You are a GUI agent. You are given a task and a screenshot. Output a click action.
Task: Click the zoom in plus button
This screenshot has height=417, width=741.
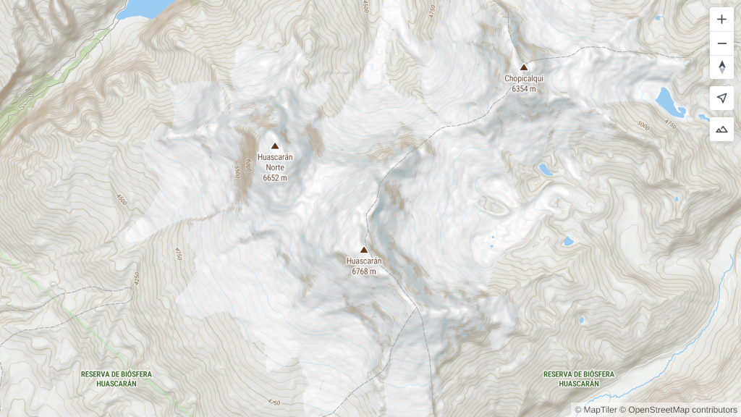[721, 20]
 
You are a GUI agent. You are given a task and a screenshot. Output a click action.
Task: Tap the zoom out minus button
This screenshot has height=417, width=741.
[721, 43]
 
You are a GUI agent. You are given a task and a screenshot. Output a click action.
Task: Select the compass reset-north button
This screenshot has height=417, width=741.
[721, 67]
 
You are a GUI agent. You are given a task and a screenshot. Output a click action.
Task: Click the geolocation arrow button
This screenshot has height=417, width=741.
[721, 98]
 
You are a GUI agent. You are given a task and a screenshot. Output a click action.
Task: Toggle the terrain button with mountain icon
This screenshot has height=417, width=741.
[721, 129]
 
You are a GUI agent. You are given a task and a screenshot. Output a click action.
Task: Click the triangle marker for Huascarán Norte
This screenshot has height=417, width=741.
[275, 146]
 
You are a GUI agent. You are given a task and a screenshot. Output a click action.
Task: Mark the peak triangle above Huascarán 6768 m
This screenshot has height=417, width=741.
[364, 250]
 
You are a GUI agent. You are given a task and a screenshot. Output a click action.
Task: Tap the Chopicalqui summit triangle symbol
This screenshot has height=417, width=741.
[524, 67]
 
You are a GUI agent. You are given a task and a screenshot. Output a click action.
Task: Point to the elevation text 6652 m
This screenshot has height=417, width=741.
[275, 177]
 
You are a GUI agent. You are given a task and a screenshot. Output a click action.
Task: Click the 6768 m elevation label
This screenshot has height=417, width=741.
[364, 271]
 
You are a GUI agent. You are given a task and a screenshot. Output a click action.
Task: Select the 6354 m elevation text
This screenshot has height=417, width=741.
[524, 89]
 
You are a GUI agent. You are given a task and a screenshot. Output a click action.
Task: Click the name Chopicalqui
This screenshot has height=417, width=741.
[524, 78]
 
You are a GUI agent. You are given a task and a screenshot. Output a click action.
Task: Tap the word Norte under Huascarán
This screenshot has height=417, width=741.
[275, 167]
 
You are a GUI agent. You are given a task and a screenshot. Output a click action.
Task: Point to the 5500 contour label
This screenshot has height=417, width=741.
[236, 172]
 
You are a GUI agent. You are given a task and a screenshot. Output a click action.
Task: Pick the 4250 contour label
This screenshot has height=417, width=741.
[135, 279]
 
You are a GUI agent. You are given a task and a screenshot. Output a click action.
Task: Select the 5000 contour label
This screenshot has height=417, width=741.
[643, 125]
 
